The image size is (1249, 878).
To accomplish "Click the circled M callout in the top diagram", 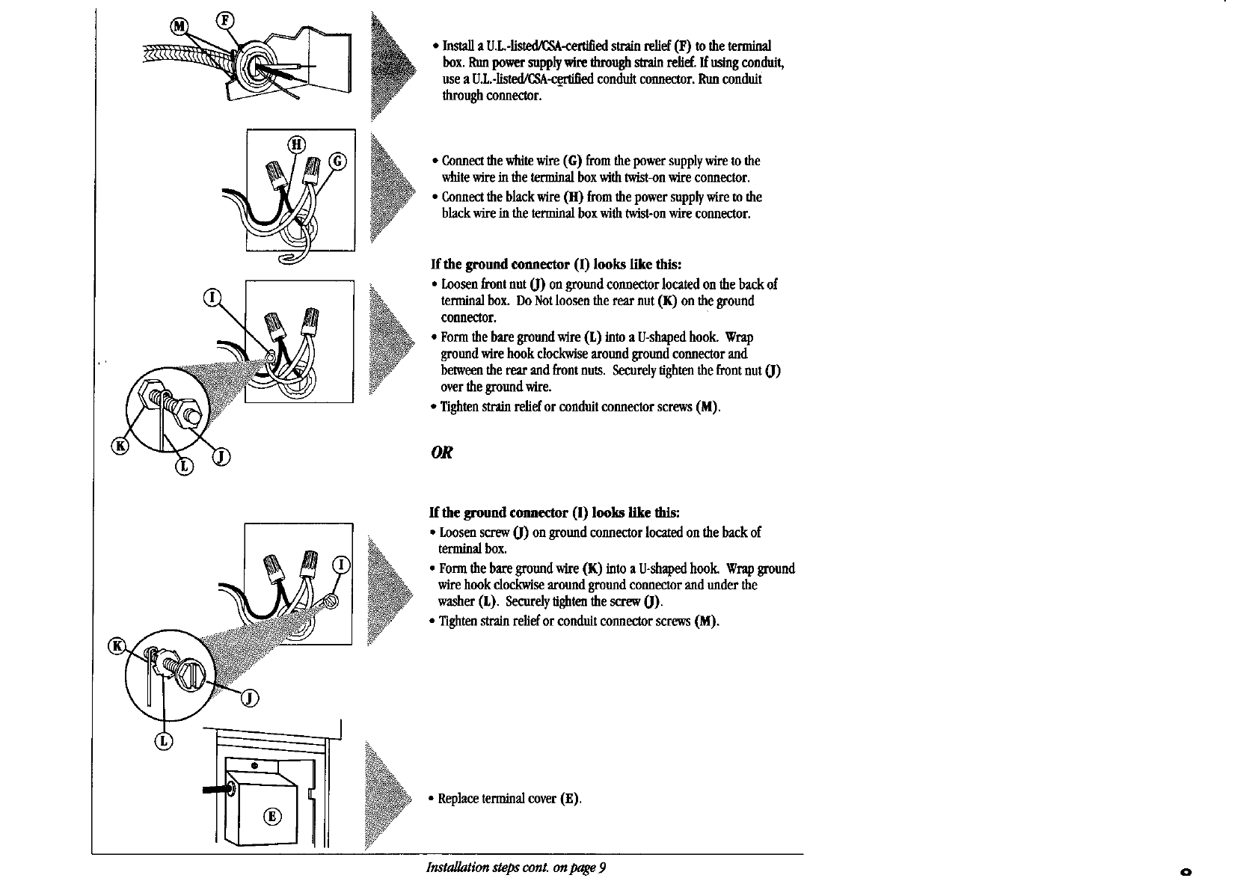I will pyautogui.click(x=179, y=27).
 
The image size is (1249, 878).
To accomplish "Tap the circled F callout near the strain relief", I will pyautogui.click(x=224, y=20).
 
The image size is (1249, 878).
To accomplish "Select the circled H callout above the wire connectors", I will pyautogui.click(x=296, y=145).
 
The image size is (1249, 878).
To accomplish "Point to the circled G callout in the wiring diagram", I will pyautogui.click(x=338, y=161).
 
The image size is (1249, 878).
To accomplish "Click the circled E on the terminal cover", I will pyautogui.click(x=272, y=816).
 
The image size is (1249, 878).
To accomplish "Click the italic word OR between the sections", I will pyautogui.click(x=441, y=453).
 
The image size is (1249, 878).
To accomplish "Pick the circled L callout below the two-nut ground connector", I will pyautogui.click(x=184, y=467).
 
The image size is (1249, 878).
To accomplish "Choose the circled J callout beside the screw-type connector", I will pyautogui.click(x=251, y=699).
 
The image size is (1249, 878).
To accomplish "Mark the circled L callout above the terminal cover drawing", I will pyautogui.click(x=164, y=740).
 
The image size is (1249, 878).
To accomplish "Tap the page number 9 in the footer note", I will pyautogui.click(x=601, y=868).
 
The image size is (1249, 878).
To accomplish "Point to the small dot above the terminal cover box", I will pyautogui.click(x=254, y=766).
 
